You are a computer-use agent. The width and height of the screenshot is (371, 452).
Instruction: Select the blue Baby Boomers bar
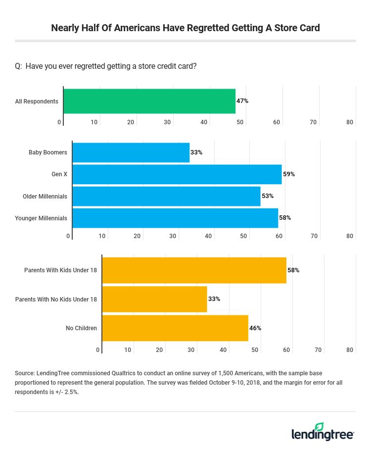(x=131, y=152)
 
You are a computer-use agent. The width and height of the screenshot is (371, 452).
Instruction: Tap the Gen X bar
(x=177, y=174)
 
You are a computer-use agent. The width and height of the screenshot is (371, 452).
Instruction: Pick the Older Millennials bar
(x=166, y=196)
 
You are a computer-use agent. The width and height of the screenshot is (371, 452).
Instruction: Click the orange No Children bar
(x=175, y=328)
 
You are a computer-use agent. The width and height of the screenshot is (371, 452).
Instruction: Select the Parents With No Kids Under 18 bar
(x=154, y=299)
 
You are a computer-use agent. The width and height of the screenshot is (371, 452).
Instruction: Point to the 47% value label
(x=242, y=101)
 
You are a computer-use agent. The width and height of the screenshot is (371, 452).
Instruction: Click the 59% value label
(x=289, y=174)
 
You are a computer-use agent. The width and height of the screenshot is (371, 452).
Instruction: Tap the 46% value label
(x=255, y=328)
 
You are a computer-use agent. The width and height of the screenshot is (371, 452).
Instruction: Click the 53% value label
(x=268, y=196)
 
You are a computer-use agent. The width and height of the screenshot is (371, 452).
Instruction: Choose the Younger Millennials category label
(x=41, y=218)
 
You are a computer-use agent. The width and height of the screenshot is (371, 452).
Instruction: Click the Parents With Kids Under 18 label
(x=60, y=270)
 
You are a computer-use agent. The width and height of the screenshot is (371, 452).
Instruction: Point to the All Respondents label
(x=37, y=101)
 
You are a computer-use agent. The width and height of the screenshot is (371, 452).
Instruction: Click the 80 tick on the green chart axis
(x=350, y=122)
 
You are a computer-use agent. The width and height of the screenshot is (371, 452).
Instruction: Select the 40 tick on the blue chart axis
(x=208, y=236)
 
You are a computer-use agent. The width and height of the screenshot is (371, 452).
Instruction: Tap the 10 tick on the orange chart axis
(x=128, y=350)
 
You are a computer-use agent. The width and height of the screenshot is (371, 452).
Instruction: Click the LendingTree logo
(x=323, y=432)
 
